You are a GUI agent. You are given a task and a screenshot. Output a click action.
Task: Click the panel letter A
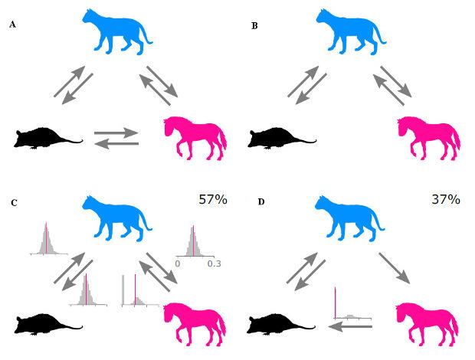12,25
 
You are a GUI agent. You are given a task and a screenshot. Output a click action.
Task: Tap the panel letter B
254,26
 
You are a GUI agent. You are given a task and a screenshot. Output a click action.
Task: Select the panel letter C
14,202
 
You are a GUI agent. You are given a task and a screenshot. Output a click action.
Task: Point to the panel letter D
261,201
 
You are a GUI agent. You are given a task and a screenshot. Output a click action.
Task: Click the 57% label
213,199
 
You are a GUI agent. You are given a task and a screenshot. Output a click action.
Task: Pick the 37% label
446,199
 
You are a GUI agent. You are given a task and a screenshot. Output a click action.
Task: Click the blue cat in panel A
117,32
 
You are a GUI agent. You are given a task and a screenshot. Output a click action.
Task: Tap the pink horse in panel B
429,138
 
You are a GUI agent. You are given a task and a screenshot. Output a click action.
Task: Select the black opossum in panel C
48,324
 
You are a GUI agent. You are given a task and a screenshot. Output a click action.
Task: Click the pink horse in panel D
427,326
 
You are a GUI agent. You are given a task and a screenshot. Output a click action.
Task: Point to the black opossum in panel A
48,138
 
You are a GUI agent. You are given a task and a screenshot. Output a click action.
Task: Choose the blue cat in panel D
350,218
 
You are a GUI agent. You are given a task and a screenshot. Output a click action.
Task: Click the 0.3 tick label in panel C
215,263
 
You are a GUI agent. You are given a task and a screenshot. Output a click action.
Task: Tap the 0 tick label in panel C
178,263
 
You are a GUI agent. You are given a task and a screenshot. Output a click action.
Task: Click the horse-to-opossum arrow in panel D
350,327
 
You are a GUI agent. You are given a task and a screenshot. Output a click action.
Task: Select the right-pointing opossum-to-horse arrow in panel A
116,133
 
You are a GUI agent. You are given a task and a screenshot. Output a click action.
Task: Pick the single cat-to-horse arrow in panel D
394,268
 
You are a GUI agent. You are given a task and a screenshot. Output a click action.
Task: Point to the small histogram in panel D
352,303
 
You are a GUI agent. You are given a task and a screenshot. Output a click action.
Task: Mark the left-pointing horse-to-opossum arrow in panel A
116,144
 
